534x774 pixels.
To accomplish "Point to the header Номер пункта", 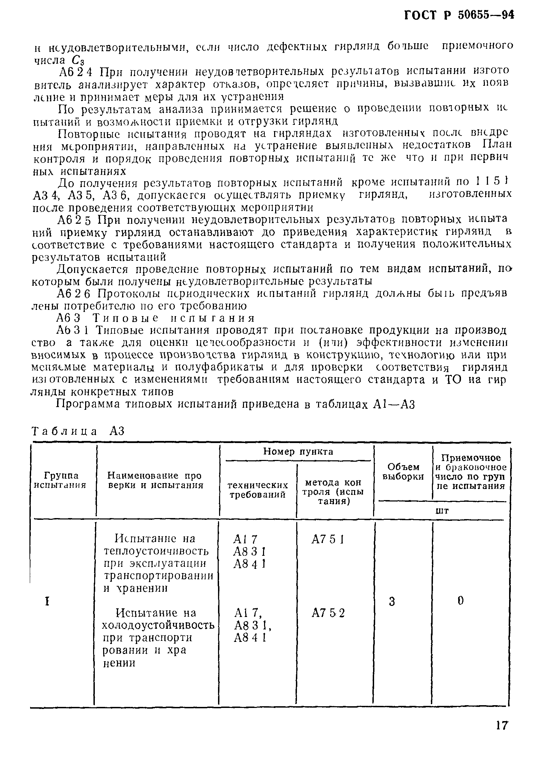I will coord(298,452).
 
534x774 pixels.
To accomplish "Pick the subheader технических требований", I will coord(258,490).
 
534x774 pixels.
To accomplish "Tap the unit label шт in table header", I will coord(442,510).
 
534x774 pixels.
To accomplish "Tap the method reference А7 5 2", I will coord(328,613).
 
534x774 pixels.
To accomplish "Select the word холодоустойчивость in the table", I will coord(158,626).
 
